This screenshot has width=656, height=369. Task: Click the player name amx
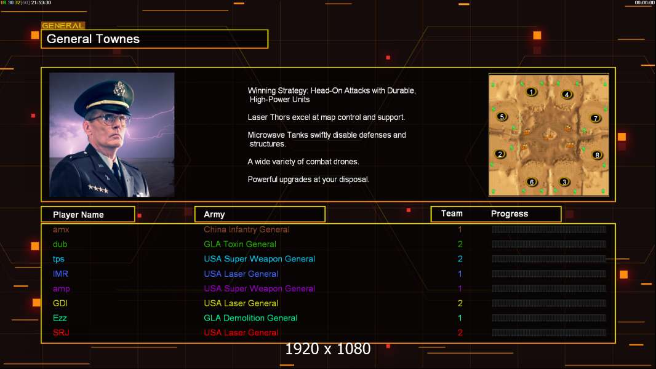pos(61,229)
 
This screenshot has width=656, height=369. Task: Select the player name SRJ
pos(61,333)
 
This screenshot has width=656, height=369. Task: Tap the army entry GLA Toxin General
pos(240,244)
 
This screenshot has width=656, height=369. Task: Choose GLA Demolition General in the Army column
pos(250,318)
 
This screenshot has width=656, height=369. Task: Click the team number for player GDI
pos(460,303)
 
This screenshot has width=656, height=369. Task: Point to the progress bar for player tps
pos(549,259)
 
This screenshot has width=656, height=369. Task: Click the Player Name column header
pos(78,215)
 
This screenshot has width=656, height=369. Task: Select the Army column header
pos(214,215)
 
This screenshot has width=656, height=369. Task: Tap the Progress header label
pos(509,214)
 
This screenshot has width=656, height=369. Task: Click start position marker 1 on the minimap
pos(531,92)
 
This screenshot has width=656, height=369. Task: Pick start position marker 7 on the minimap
pos(595,119)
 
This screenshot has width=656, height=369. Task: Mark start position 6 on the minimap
pos(531,182)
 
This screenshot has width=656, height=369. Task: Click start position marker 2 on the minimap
pos(500,154)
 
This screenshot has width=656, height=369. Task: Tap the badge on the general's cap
pos(119,88)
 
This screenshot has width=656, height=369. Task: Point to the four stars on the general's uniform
pos(98,189)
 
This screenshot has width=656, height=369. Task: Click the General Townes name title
pos(93,39)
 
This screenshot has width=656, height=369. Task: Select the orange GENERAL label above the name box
pos(63,25)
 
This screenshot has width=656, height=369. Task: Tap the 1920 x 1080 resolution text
pos(328,349)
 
